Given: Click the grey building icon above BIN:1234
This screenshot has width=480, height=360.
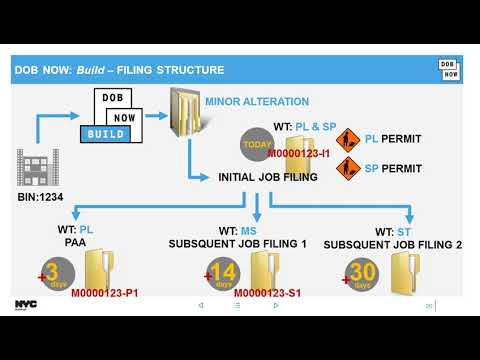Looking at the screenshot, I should tap(33, 167).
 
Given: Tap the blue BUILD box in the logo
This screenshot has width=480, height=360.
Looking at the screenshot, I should tap(105, 133).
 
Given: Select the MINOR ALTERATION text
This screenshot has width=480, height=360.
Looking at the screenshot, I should tap(257, 101).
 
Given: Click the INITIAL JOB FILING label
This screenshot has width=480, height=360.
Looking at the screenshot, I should tap(268, 177).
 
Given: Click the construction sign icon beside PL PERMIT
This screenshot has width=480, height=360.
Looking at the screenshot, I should tap(349, 140).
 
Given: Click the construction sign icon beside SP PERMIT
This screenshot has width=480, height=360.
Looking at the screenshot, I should tap(349, 167).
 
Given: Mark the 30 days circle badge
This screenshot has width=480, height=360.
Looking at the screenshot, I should tap(362, 274).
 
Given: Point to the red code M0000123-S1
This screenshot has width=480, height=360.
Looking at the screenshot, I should tap(267, 294).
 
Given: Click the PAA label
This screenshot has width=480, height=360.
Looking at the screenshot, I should tap(75, 243).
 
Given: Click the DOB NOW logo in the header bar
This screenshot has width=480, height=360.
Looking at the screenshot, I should tap(449, 69).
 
